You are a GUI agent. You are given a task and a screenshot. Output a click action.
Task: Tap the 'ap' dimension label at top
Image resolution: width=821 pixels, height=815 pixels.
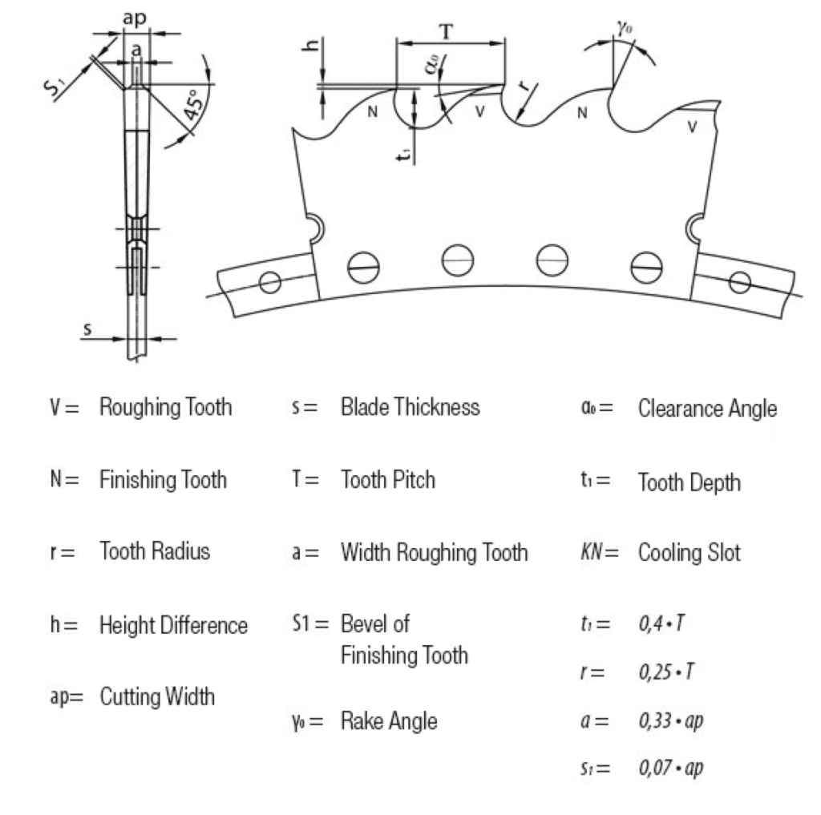(135, 18)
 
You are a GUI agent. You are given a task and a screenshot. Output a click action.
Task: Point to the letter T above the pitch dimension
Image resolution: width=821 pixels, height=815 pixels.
(445, 31)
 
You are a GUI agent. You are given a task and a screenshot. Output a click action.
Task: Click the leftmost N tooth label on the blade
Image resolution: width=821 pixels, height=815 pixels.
(372, 112)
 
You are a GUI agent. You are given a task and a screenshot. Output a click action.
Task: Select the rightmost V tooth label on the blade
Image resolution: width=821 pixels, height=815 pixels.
(691, 127)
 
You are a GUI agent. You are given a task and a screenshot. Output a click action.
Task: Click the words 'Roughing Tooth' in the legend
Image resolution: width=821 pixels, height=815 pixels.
(165, 407)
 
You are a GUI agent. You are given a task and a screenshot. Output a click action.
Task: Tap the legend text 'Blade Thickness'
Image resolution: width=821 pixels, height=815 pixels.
(410, 407)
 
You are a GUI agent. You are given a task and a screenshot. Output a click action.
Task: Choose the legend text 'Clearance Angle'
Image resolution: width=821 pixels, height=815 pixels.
(707, 409)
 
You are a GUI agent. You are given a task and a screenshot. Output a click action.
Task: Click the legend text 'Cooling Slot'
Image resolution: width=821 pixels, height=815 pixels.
(689, 553)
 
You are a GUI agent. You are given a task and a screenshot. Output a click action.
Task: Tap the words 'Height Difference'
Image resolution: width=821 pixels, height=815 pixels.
(173, 625)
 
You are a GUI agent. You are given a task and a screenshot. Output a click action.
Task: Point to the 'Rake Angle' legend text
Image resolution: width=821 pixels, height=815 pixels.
(389, 720)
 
